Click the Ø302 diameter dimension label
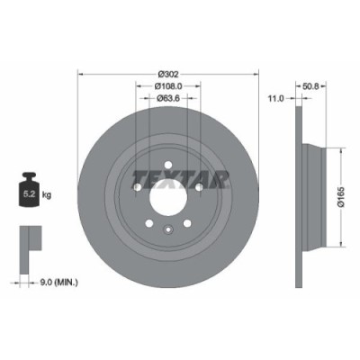(x=167, y=72)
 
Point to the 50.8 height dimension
(x=311, y=87)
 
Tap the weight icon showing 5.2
(x=29, y=190)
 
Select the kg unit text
(x=48, y=192)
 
